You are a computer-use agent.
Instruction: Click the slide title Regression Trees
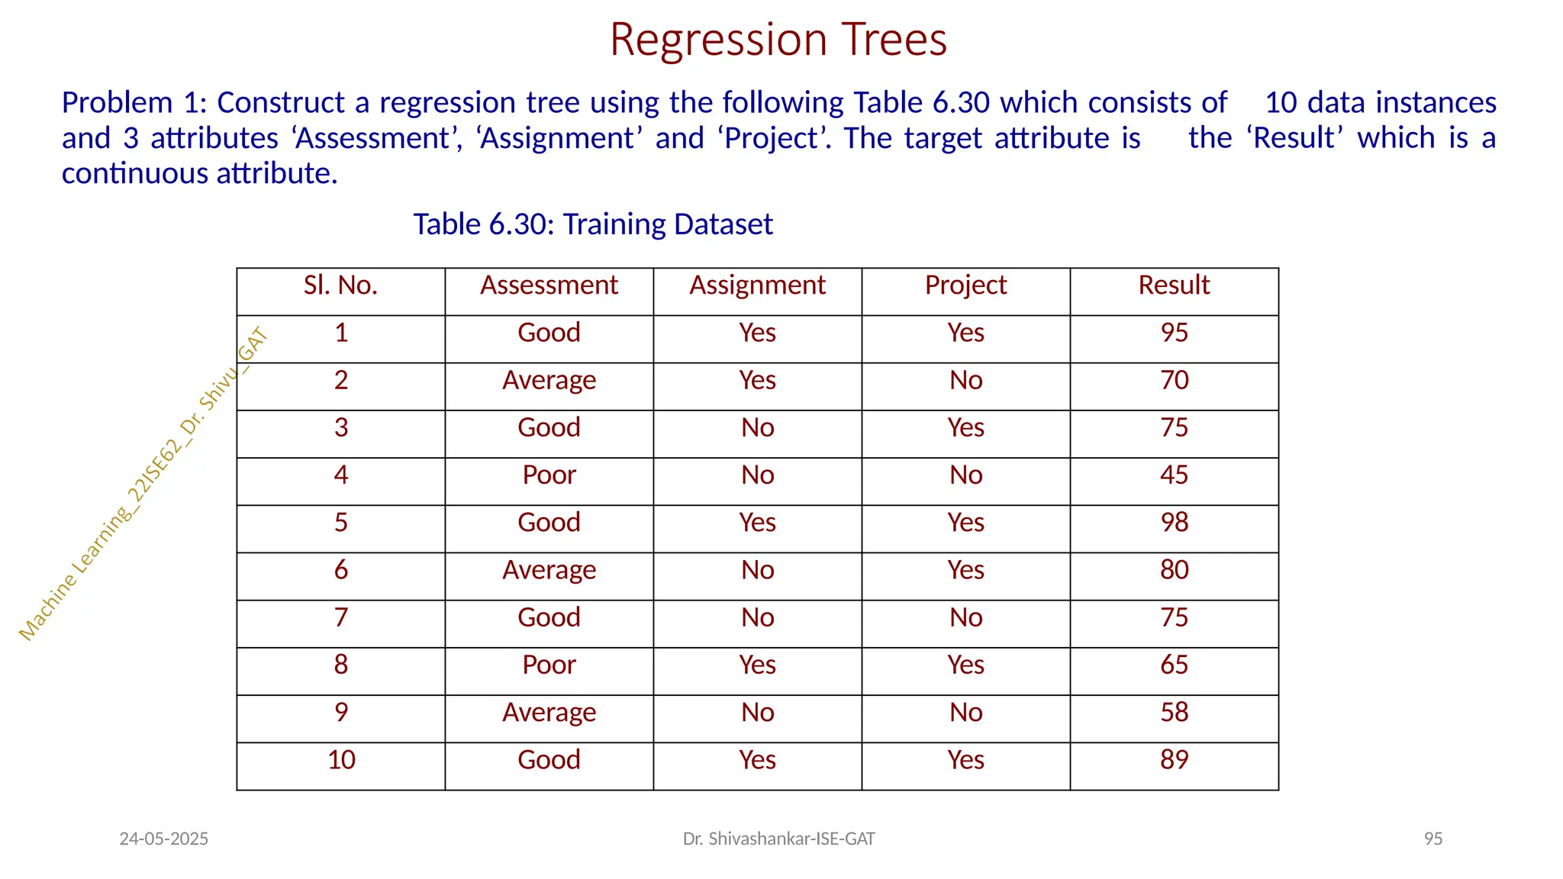(778, 40)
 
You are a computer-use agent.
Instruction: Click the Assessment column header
(549, 285)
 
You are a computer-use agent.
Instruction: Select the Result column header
(1174, 285)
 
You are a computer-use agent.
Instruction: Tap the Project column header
(965, 285)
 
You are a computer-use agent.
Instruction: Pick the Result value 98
(1174, 523)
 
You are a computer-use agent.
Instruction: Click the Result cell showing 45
(1174, 475)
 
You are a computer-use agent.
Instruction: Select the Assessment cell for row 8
(549, 665)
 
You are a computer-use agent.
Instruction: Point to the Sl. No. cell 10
(341, 760)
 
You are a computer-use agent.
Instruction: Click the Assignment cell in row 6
(757, 570)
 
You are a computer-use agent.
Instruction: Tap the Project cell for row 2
(965, 380)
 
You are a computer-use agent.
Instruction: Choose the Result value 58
(1174, 713)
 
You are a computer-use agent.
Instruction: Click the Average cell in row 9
(549, 713)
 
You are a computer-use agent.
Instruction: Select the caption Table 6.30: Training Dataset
(593, 224)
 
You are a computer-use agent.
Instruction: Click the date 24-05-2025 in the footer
(163, 839)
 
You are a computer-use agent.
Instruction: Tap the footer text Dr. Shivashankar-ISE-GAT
(778, 839)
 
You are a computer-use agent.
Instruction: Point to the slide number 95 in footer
(1432, 839)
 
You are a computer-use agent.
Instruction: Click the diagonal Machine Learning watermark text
(143, 485)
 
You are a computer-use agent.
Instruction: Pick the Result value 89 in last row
(1174, 760)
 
